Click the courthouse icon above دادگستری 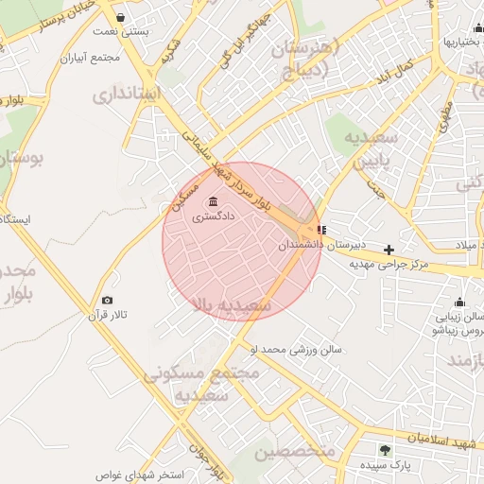coord(209,201)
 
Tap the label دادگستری coord(214,216)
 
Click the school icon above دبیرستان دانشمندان coord(322,229)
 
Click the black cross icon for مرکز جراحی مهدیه coord(389,250)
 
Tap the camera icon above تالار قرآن coord(106,300)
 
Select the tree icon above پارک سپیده coord(384,450)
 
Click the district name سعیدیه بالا coord(232,305)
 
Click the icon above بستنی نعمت coord(120,17)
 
